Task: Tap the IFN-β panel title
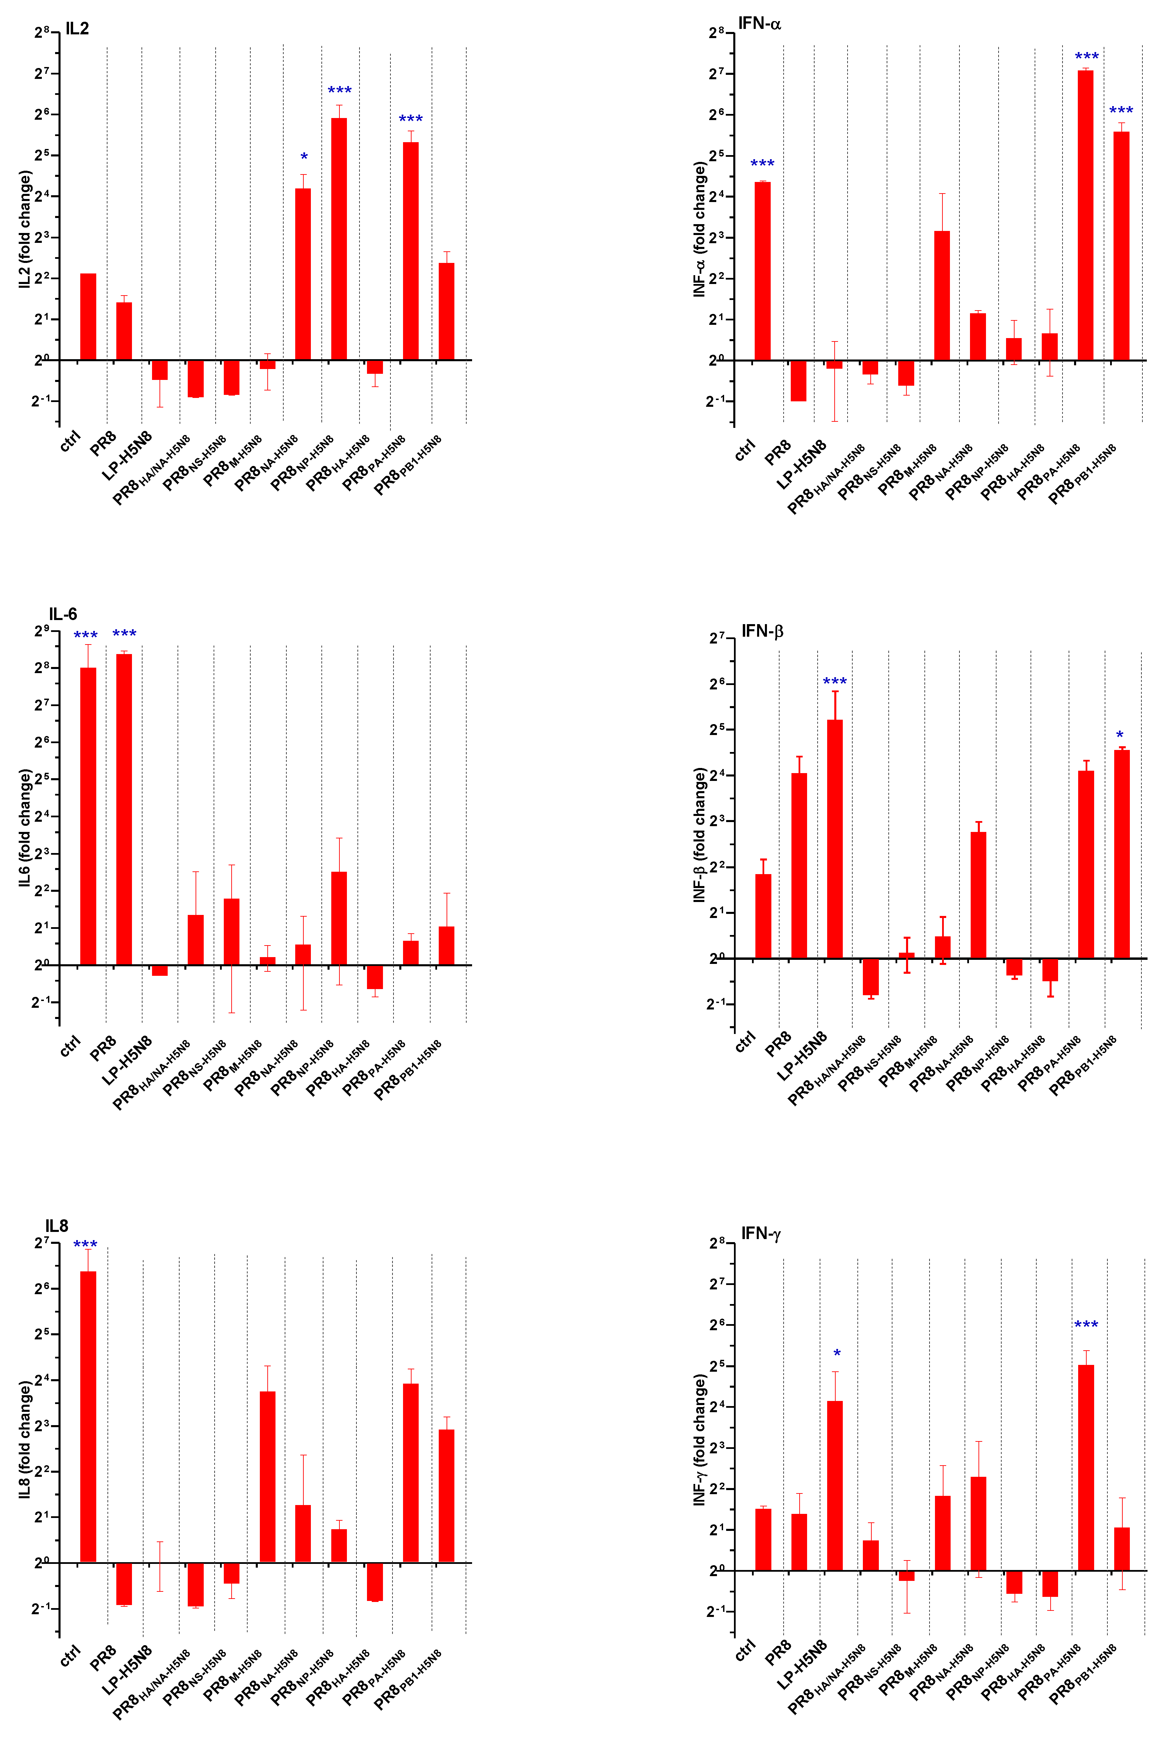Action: (762, 631)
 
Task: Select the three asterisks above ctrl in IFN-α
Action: (763, 164)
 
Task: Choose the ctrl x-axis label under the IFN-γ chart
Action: (745, 1650)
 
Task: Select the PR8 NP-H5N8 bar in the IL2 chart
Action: (339, 239)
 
